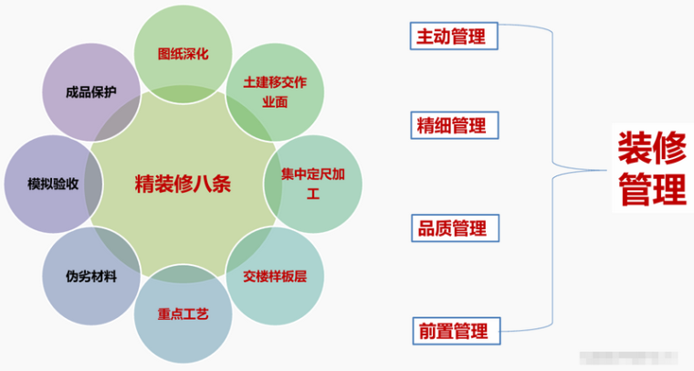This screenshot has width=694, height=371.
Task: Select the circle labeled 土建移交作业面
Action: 274,91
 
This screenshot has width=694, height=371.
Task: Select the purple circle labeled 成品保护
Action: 90,91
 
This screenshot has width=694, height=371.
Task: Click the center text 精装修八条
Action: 183,182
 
